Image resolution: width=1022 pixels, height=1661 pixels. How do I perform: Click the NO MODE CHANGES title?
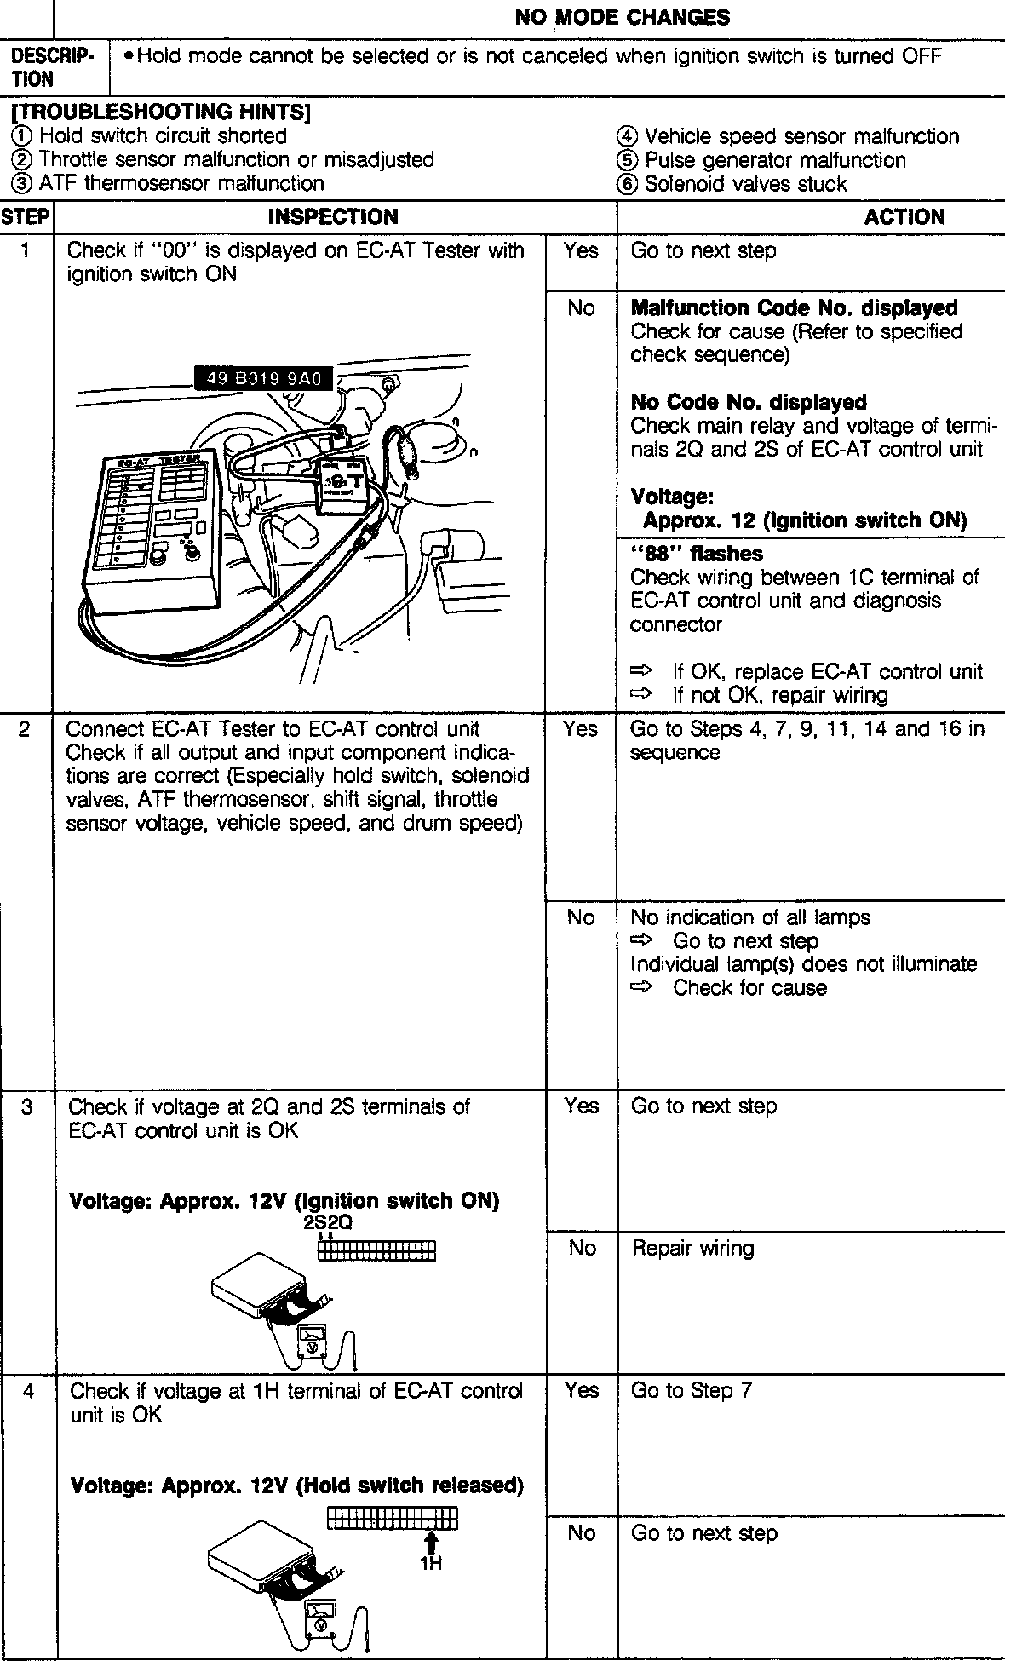tap(622, 17)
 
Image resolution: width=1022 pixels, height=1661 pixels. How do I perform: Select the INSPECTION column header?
tap(333, 217)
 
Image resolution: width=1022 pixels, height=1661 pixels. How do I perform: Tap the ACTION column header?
tap(904, 217)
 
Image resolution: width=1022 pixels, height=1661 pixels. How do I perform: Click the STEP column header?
tap(26, 217)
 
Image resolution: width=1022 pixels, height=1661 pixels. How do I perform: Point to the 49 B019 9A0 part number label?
tap(265, 379)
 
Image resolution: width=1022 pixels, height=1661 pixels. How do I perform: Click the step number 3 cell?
tap(26, 1106)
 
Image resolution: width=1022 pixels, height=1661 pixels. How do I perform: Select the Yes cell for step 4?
tap(581, 1391)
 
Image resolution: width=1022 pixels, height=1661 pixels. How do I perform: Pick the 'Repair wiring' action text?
tap(692, 1249)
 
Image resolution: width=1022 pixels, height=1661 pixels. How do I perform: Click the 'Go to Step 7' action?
tap(691, 1391)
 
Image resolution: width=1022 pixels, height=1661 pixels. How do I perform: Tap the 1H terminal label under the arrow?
tap(431, 1564)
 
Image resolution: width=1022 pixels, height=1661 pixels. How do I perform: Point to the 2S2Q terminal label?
tap(329, 1222)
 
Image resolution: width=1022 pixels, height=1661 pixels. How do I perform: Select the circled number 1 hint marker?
tap(20, 136)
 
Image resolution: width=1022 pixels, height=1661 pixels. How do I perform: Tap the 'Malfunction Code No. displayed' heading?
tap(794, 308)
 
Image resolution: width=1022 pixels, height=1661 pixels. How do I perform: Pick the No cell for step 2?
tap(581, 917)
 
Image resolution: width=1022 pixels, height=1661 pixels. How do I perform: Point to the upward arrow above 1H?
tap(431, 1543)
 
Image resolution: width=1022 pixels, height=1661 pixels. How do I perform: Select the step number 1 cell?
tap(26, 251)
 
